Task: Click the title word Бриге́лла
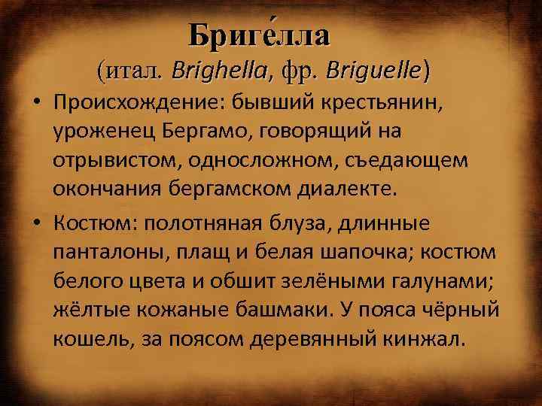[258, 34]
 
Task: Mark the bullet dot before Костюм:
[37, 222]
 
